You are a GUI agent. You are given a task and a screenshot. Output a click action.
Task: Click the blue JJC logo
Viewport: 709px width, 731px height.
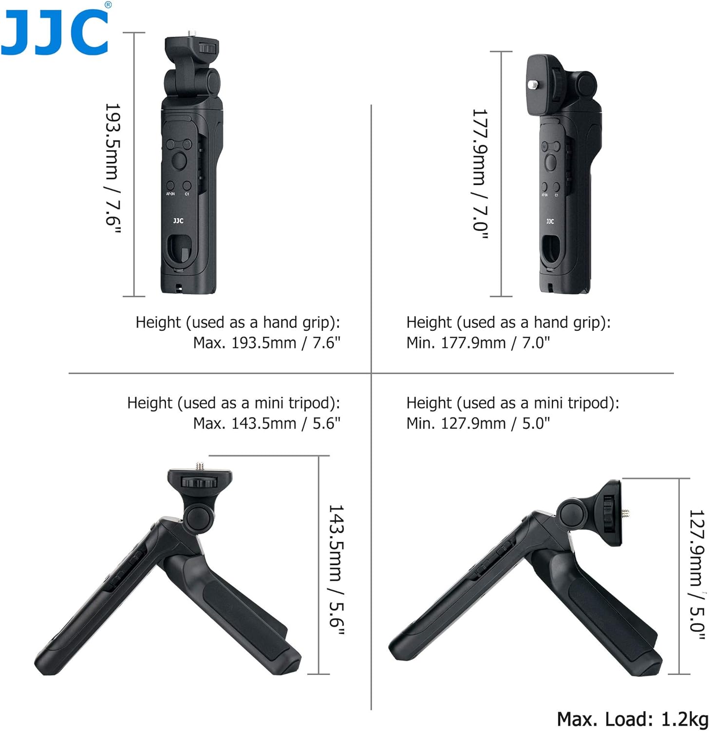pos(55,32)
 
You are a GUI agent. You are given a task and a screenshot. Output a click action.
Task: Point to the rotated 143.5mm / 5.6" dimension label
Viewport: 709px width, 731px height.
pos(336,570)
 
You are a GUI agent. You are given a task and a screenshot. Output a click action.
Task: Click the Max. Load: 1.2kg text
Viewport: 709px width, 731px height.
pos(633,719)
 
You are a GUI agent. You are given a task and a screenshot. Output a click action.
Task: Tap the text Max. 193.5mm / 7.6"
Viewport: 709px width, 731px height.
pos(266,343)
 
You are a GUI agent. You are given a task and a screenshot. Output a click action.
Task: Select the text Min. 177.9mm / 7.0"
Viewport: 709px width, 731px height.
pos(478,343)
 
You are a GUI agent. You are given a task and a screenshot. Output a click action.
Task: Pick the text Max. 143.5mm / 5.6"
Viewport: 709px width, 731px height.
pos(266,423)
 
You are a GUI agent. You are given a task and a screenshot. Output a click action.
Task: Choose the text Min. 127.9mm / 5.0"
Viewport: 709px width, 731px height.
pos(478,423)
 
